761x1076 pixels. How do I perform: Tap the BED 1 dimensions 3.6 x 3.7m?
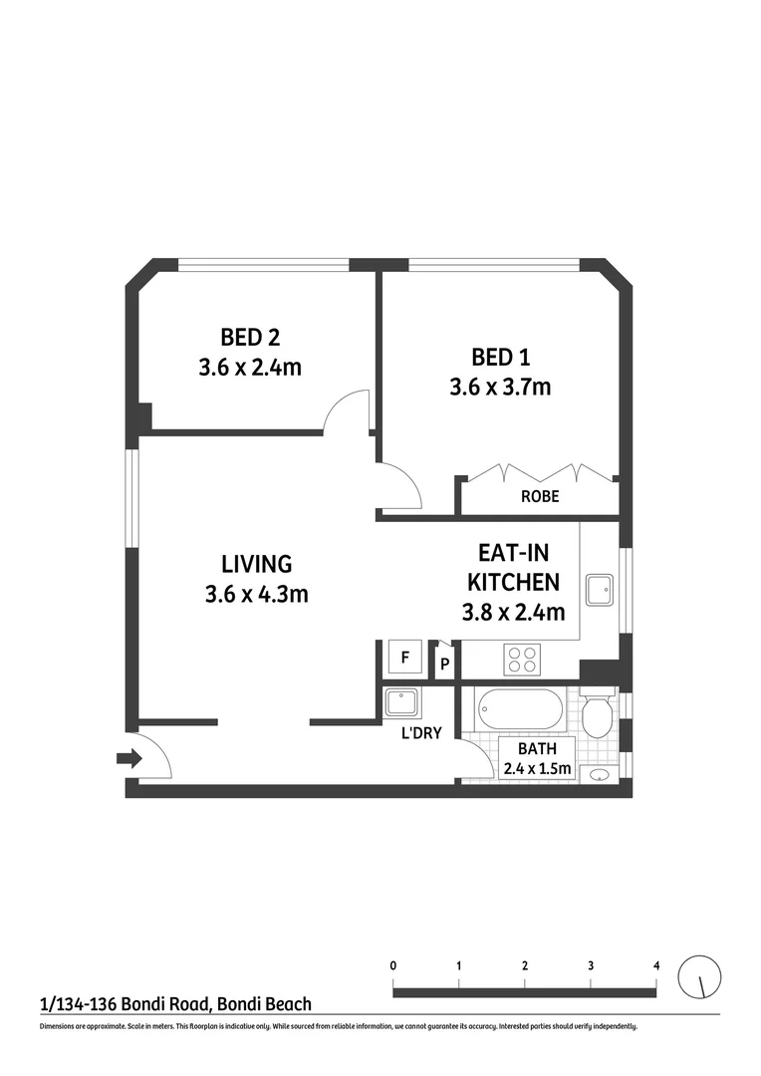point(499,387)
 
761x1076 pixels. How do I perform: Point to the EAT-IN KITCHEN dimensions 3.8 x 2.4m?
point(513,612)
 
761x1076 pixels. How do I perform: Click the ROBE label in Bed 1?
point(540,496)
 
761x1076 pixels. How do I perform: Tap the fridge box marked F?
point(404,658)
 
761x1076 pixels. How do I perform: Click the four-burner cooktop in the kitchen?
point(524,660)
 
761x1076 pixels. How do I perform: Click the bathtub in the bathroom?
point(520,709)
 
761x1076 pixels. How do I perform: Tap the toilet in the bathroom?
point(600,714)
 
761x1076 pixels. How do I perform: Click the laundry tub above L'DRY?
point(404,702)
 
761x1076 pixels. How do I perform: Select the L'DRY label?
point(421,734)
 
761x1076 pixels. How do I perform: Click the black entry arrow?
point(128,760)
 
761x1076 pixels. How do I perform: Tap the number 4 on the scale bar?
point(655,965)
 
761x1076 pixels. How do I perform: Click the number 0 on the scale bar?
point(394,965)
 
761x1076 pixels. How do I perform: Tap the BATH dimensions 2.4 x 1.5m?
point(537,768)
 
